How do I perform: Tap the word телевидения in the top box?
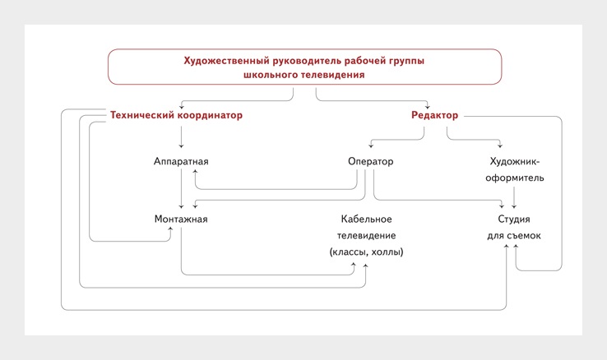point(333,75)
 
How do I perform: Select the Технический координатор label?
point(176,115)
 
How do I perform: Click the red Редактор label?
point(434,115)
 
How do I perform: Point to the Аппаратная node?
point(181,161)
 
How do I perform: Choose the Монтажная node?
point(181,219)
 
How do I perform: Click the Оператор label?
point(370,161)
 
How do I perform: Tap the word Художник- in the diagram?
point(515,161)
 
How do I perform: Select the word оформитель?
point(515,178)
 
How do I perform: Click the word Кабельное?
point(366,219)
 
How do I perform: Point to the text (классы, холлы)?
point(366,252)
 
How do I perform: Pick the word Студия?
point(514,219)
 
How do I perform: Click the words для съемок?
point(514,236)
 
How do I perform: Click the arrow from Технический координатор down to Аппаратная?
point(181,136)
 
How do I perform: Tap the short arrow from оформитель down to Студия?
point(514,197)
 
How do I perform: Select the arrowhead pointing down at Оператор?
point(371,145)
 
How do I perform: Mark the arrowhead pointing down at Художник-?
point(500,145)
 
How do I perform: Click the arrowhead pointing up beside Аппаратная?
point(196,171)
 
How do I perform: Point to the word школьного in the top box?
point(271,75)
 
